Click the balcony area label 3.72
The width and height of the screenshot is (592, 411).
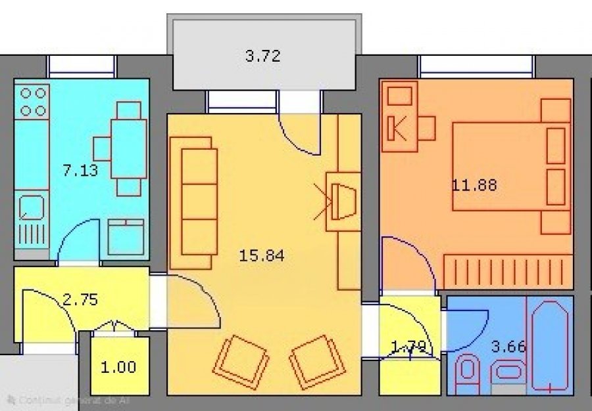[263, 56]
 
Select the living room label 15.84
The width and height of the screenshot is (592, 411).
[262, 255]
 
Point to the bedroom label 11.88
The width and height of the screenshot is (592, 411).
[474, 184]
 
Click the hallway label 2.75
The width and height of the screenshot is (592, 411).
[80, 300]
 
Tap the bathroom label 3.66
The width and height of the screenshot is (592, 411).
[508, 346]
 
